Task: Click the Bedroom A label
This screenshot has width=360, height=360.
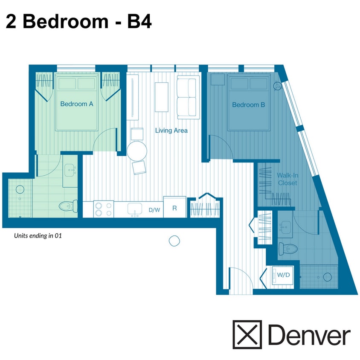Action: (x=77, y=104)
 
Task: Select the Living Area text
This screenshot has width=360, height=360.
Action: (x=171, y=131)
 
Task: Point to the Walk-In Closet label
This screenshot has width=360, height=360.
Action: (x=287, y=179)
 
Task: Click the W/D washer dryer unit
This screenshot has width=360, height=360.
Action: (x=283, y=275)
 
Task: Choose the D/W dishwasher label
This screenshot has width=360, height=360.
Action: (x=154, y=210)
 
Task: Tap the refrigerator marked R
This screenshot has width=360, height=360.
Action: (x=174, y=208)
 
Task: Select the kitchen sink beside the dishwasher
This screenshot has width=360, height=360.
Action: (x=135, y=209)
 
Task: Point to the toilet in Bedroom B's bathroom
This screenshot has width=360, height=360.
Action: (x=286, y=248)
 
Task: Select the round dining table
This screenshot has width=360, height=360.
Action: (x=137, y=151)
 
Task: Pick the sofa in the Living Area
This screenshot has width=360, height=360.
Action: (x=188, y=97)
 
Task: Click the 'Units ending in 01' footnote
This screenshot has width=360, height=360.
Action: (x=38, y=235)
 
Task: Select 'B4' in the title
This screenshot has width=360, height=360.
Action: (x=139, y=21)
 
